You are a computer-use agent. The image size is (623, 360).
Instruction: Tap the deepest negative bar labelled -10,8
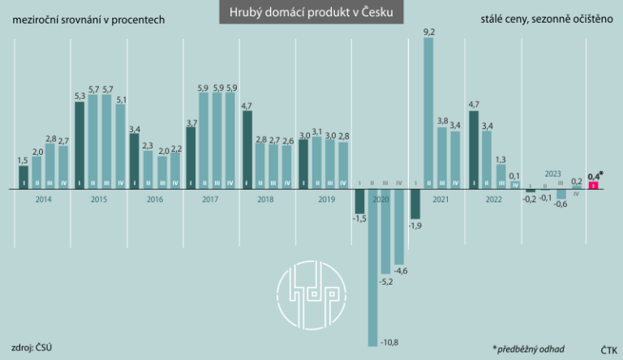tap(373, 268)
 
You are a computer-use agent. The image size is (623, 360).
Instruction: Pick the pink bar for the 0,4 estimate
tap(593, 186)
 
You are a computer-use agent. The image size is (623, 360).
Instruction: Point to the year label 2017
tap(210, 199)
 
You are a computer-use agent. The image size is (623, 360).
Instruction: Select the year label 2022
tap(492, 199)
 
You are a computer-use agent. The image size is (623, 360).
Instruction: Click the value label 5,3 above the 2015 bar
tap(79, 96)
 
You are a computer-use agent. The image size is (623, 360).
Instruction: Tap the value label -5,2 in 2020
tap(386, 281)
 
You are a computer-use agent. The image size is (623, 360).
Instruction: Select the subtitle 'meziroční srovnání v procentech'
tap(88, 19)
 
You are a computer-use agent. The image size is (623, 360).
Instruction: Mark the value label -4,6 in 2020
tap(400, 269)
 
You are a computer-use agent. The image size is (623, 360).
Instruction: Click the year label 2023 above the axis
tap(553, 174)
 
